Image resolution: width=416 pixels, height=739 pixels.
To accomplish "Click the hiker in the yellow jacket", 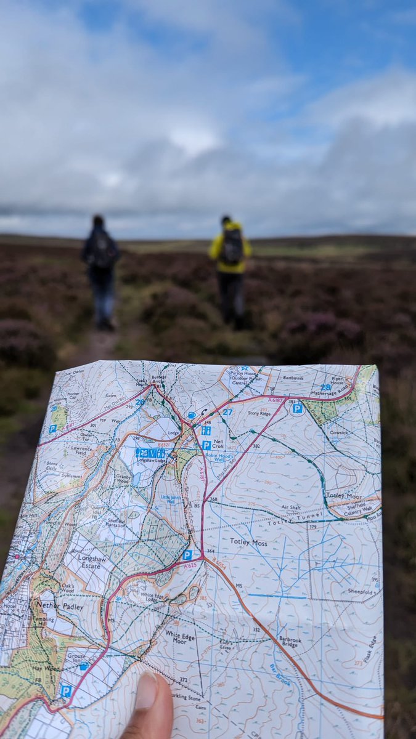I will tap(230, 271).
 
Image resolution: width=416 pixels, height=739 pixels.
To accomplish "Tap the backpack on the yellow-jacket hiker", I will tap(232, 247).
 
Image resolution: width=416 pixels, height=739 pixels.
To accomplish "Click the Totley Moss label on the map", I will tap(248, 541).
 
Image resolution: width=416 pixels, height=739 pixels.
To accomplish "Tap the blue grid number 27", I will tap(228, 411).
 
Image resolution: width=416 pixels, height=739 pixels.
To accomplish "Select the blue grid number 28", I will tap(325, 387).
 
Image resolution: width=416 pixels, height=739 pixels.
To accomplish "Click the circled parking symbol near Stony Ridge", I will tap(297, 408).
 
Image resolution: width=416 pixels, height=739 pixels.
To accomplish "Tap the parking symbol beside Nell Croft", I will tap(206, 445).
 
